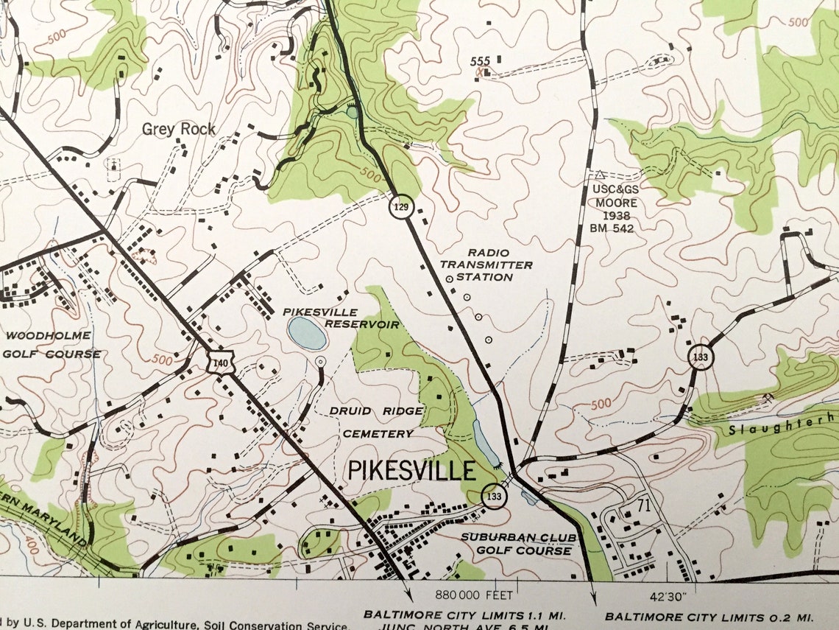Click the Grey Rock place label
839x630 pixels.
[x=179, y=129]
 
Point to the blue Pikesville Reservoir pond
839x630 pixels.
[x=308, y=334]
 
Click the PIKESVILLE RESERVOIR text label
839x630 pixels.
[x=341, y=318]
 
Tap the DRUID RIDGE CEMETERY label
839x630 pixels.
[x=378, y=422]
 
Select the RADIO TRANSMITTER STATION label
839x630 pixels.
[x=486, y=265]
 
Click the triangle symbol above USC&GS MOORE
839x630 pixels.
[x=600, y=175]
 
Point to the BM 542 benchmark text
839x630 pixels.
[x=612, y=228]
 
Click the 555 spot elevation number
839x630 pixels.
[x=480, y=61]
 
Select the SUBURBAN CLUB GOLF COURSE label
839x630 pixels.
[x=516, y=544]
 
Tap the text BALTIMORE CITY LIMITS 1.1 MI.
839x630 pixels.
[x=470, y=615]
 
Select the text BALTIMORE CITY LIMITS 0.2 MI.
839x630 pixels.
[x=709, y=616]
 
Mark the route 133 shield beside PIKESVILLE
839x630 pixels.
[x=494, y=497]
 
